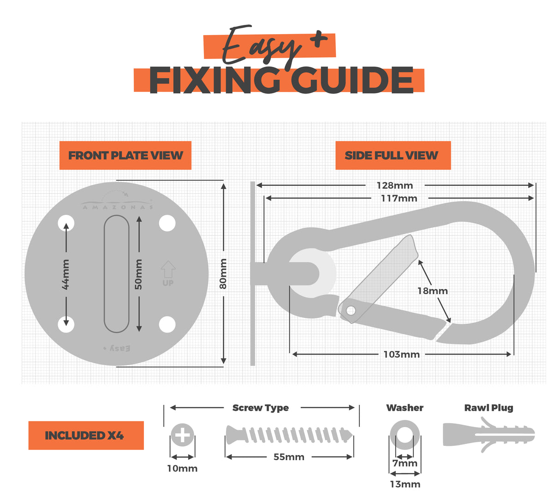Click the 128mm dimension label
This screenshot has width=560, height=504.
(394, 185)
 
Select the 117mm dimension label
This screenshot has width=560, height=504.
(399, 198)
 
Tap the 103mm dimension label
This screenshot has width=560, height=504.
(401, 354)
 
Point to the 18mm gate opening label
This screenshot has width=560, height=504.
(432, 291)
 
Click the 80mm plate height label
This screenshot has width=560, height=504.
(223, 273)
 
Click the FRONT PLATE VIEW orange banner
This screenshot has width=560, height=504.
(125, 155)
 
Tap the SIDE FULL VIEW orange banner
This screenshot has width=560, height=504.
(393, 155)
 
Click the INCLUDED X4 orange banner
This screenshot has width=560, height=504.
(86, 435)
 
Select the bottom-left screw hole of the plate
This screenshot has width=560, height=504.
(66, 325)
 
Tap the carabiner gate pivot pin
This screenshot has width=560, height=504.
(351, 310)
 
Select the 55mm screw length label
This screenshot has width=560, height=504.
(289, 457)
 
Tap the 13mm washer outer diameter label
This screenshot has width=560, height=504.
(405, 484)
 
